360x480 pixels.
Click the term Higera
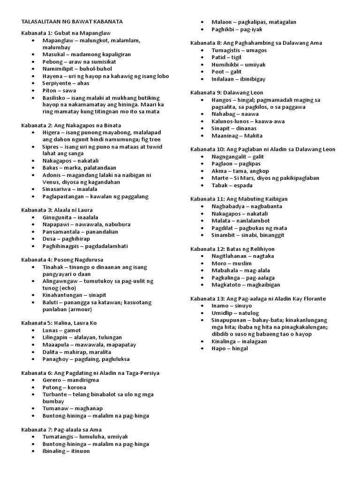pos(51,133)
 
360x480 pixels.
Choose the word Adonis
pos(52,175)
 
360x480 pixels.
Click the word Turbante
pos(55,395)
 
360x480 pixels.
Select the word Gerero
pos(52,380)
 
